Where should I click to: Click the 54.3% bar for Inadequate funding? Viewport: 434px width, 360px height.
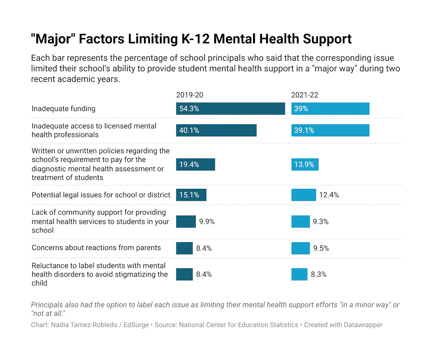point(230,109)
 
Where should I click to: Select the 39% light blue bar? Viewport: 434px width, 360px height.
point(330,109)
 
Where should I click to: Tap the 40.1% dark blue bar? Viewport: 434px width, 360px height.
point(216,130)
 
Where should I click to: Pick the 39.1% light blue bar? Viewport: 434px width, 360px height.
point(330,130)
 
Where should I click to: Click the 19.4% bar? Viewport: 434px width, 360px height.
point(195,164)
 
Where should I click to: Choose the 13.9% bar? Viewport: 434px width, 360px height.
point(305,164)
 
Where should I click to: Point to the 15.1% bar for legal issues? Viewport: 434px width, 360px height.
point(191,195)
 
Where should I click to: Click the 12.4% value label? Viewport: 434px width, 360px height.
point(329,195)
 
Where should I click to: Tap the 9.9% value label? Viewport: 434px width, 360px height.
point(207,221)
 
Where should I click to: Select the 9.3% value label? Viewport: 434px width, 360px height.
point(320,221)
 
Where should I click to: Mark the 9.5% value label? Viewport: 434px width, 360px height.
point(321,248)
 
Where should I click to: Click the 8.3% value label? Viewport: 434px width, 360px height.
point(319,274)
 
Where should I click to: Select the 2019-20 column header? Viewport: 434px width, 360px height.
point(189,95)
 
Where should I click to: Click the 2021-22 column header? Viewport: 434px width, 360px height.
point(305,95)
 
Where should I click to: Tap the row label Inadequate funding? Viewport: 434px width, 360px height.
point(63,109)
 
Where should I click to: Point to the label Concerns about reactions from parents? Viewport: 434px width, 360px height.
point(96,247)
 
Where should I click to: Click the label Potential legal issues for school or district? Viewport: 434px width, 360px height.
point(101,195)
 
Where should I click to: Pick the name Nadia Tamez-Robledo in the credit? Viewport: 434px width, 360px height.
point(84,325)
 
